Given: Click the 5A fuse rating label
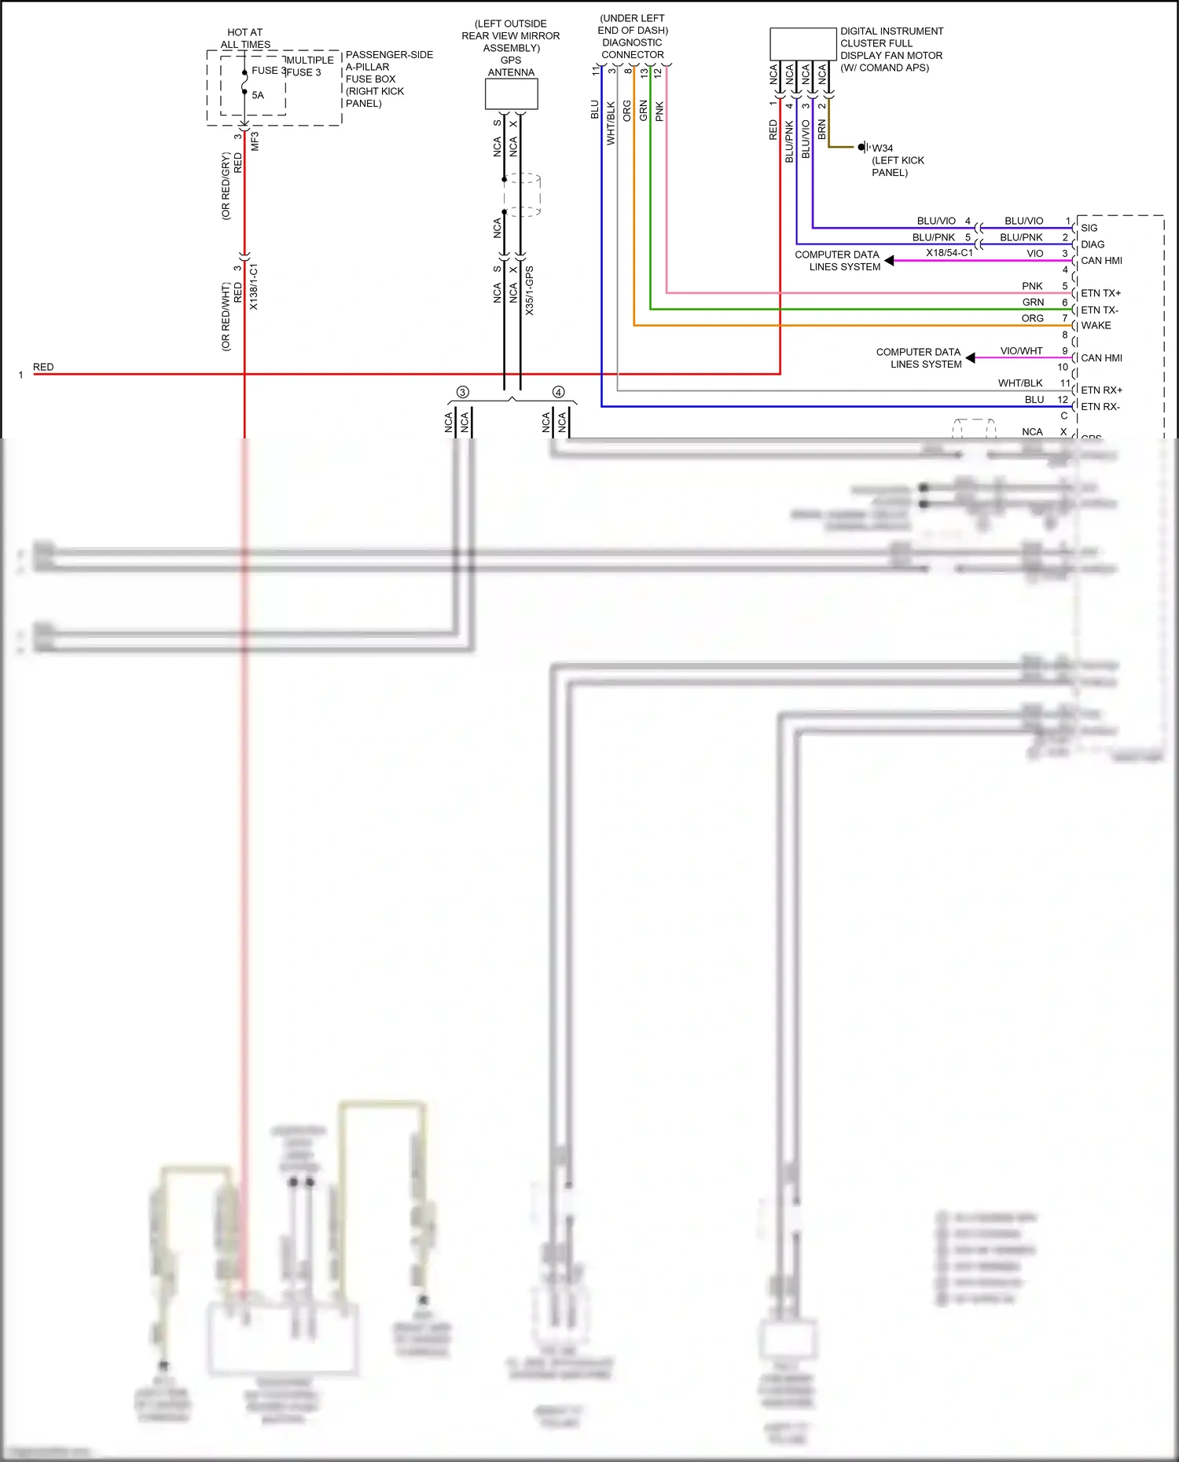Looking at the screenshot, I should [x=258, y=95].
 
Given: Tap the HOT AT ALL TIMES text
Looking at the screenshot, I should [x=245, y=38].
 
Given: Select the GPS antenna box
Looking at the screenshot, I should [x=511, y=93].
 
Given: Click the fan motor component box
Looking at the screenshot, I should [x=803, y=44].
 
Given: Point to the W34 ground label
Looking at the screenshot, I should [x=882, y=148].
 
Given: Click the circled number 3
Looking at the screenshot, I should [x=462, y=392].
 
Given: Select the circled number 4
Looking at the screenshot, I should [x=558, y=392].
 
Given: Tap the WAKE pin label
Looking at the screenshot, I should [x=1096, y=325].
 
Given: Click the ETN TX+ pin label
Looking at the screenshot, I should [x=1100, y=293].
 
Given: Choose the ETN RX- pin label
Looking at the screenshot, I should [x=1100, y=406].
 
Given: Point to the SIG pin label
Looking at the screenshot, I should [x=1089, y=228].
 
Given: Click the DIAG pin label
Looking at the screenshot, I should [x=1093, y=244].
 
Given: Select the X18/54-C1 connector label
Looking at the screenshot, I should [x=949, y=253].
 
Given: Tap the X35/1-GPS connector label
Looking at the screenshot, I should [x=530, y=291].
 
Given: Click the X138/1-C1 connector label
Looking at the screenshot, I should [x=254, y=287].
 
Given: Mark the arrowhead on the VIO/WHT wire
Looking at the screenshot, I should [x=971, y=357].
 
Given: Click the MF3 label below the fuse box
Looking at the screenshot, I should [x=255, y=141].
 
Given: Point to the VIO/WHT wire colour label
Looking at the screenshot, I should [x=1021, y=351].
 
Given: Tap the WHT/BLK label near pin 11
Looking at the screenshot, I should [x=1020, y=383].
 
